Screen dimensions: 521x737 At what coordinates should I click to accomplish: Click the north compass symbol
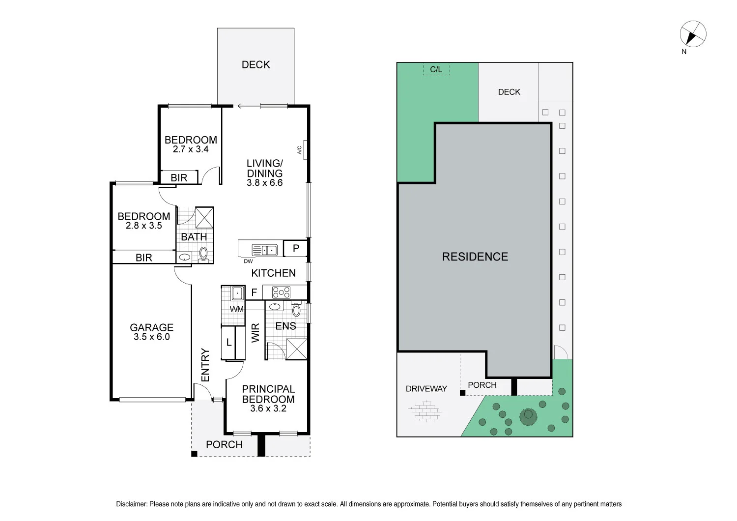pos(693,34)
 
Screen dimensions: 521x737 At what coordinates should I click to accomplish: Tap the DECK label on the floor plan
pos(255,65)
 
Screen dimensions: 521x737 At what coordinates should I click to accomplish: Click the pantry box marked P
pos(296,248)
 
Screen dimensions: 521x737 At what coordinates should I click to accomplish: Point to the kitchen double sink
pos(265,250)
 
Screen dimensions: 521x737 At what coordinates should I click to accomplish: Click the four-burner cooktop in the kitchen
pos(281,293)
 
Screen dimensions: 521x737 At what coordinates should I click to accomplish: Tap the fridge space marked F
pos(254,292)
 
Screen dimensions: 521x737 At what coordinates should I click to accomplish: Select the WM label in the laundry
pos(237,309)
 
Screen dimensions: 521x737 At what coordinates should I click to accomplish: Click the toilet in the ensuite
pos(296,310)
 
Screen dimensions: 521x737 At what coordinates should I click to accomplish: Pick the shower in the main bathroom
pos(204,217)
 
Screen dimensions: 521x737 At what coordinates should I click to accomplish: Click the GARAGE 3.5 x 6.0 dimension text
pos(151,337)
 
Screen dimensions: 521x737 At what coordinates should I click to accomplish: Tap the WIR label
pos(255,333)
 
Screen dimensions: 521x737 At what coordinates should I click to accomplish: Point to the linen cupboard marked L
pos(228,343)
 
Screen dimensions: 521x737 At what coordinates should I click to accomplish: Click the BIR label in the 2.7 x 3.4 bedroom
pos(179,177)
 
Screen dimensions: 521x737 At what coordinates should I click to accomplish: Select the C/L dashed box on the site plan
pos(436,69)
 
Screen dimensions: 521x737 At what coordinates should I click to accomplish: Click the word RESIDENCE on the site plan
pos(475,257)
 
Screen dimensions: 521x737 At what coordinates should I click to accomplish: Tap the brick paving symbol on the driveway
pos(425,411)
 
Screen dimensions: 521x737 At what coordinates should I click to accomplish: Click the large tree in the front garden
pos(528,416)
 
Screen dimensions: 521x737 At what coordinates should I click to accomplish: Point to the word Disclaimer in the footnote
pos(131,504)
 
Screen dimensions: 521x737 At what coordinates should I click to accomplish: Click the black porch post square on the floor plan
pos(194,454)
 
